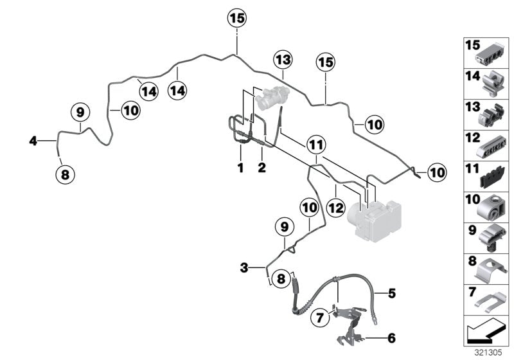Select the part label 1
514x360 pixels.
[240, 168]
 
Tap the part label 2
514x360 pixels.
[262, 168]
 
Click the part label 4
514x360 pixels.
[33, 139]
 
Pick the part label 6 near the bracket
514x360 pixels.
[391, 336]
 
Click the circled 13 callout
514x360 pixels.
[283, 61]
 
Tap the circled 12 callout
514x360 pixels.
[335, 208]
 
